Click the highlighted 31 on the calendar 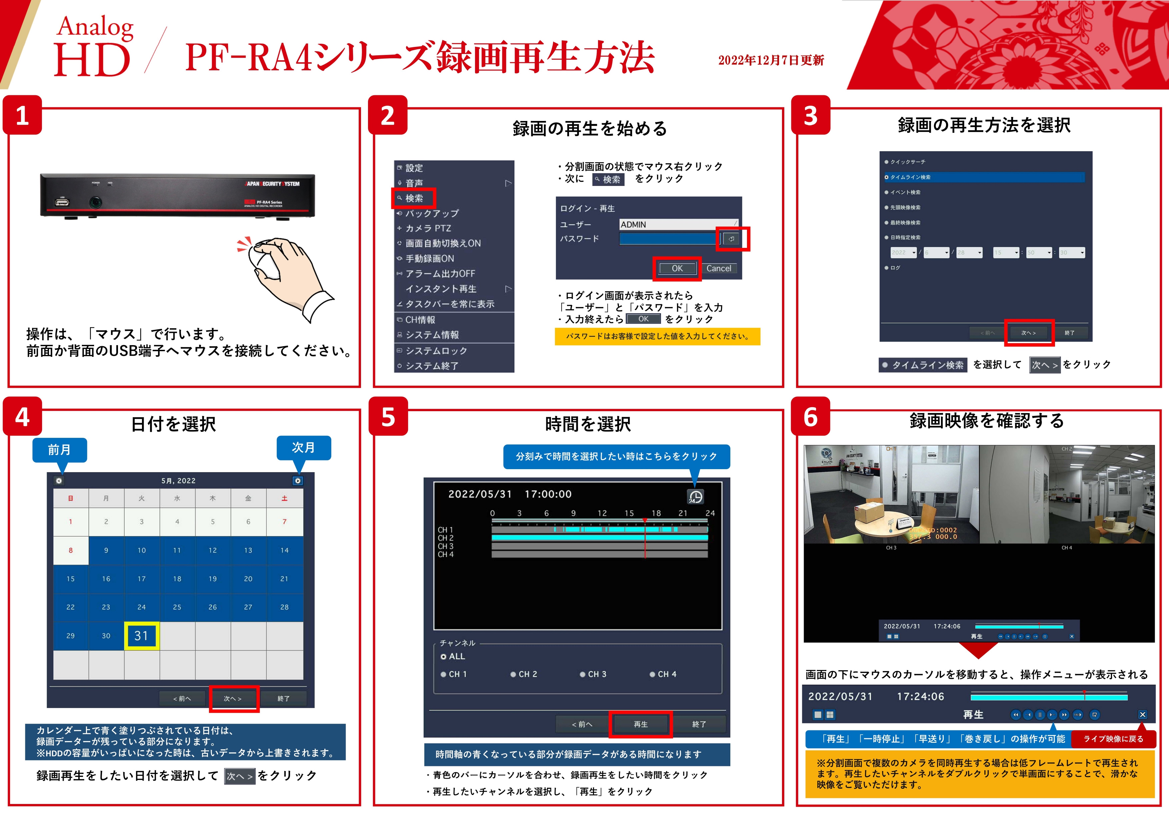(x=142, y=636)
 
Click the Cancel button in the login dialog (x=718, y=268)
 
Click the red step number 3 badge (x=811, y=116)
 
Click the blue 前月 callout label (x=60, y=450)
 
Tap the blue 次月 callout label (x=303, y=448)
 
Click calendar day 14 (x=284, y=550)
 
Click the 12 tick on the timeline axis (x=602, y=513)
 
